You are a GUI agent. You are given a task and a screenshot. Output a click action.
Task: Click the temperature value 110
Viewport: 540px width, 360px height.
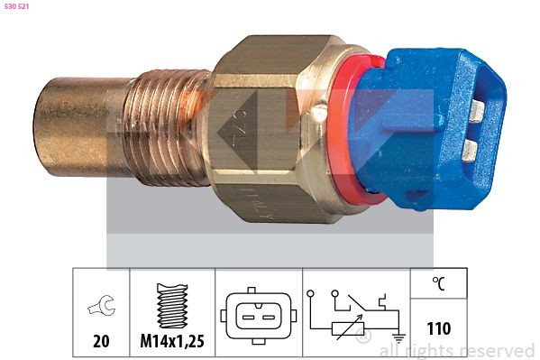438,328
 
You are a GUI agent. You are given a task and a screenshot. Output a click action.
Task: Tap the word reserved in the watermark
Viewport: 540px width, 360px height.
499,350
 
